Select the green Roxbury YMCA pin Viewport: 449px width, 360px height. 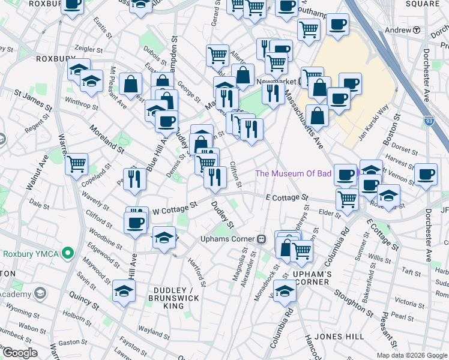pos(69,254)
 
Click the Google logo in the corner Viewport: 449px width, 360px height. pos(20,353)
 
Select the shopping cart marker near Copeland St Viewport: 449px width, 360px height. pos(77,163)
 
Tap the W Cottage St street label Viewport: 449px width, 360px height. pos(175,208)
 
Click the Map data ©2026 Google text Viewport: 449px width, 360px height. pos(412,355)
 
